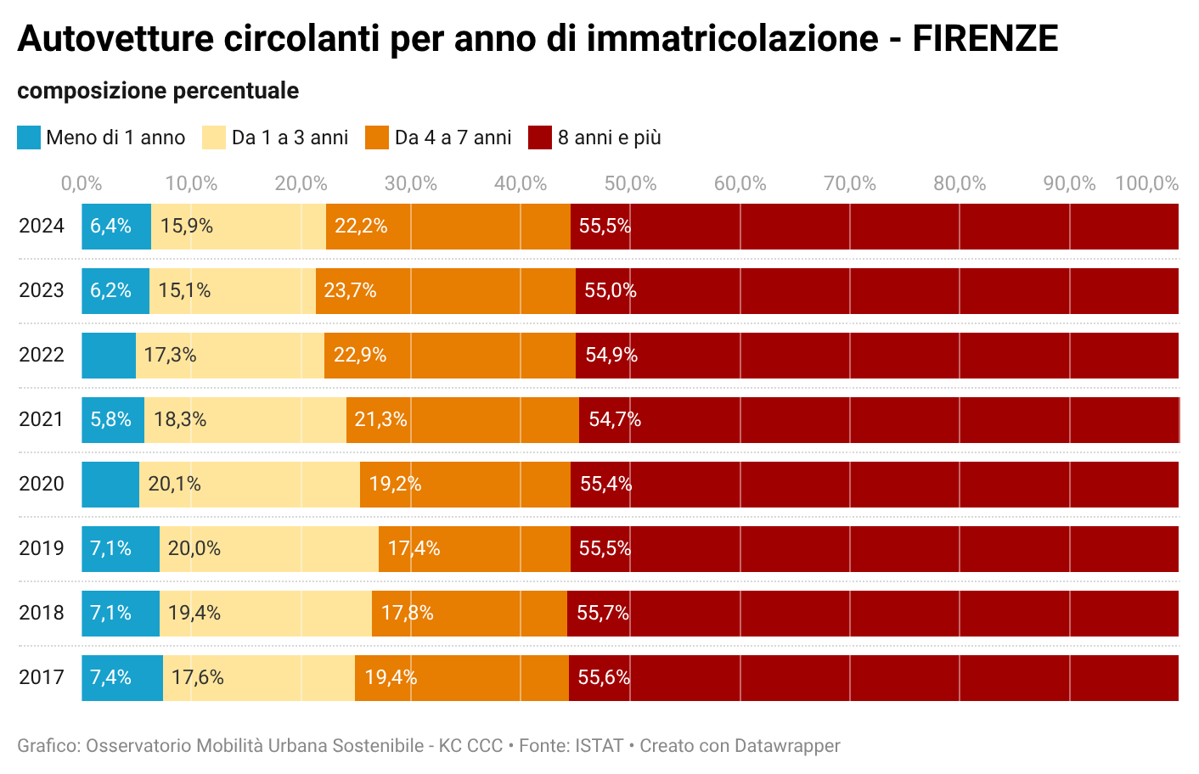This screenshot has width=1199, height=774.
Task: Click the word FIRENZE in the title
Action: point(985,39)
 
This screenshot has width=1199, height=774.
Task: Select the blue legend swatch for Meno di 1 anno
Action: point(29,137)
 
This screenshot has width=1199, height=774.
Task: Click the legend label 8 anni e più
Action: point(609,137)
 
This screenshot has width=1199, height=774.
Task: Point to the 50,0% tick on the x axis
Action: point(630,183)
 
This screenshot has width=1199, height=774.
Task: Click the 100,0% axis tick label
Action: point(1146,183)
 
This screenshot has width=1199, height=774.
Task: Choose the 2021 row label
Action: point(42,419)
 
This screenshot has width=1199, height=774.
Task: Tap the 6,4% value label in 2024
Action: point(111,226)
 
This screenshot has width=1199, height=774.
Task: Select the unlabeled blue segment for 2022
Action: point(109,356)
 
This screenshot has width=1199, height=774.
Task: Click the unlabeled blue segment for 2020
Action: point(110,485)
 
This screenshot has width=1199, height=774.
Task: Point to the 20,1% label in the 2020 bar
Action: point(174,485)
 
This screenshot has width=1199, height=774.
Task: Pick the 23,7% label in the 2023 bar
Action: point(350,291)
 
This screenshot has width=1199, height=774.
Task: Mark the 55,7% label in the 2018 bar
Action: point(603,613)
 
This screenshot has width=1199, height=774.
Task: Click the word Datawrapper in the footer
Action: point(787,746)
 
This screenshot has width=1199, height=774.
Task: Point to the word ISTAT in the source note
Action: point(599,746)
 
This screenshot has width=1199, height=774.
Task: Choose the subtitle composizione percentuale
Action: point(158,91)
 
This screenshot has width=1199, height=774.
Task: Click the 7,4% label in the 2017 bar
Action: point(111,678)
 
